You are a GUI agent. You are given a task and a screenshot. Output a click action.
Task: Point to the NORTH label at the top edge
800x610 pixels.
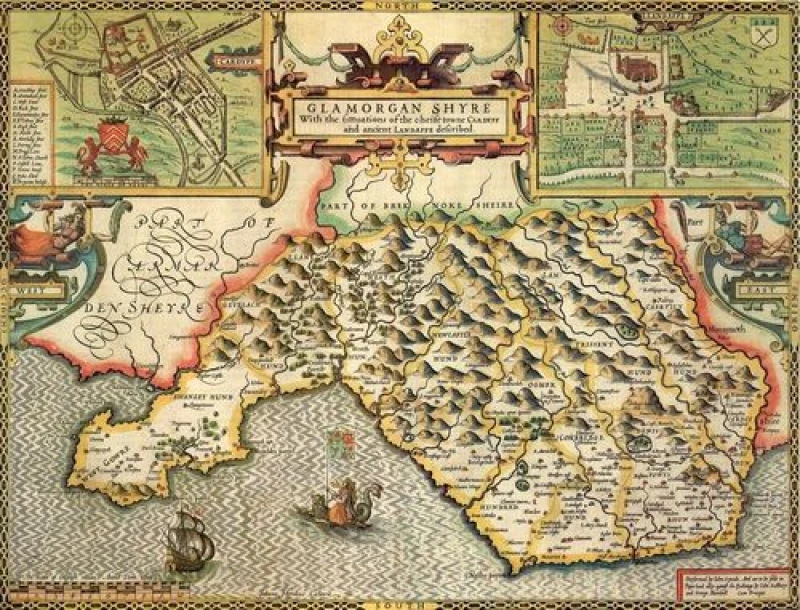click(x=399, y=5)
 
